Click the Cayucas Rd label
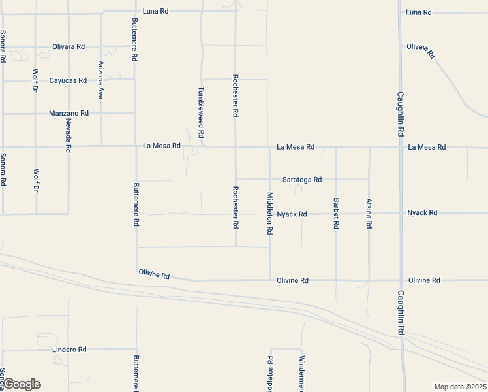pos(68,80)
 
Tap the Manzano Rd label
pos(69,114)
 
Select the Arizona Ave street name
pos(101,79)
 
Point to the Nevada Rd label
pos(68,136)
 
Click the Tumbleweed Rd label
pos(202,112)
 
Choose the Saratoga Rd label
pos(301,179)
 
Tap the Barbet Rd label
pos(336,213)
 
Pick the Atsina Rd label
pos(369,213)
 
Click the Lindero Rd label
pos(69,350)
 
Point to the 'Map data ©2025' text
pos(459,387)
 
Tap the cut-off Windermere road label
pos(302,373)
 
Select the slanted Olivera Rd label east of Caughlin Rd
pos(421,50)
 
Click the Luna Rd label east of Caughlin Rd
pos(418,12)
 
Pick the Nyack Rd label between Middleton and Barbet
pos(292,214)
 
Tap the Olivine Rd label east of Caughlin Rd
pos(424,280)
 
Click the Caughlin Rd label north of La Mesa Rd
pos(401,113)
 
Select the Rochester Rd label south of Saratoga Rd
pos(236,207)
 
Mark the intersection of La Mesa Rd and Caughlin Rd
pos(401,147)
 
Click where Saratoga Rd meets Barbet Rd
pos(336,179)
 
